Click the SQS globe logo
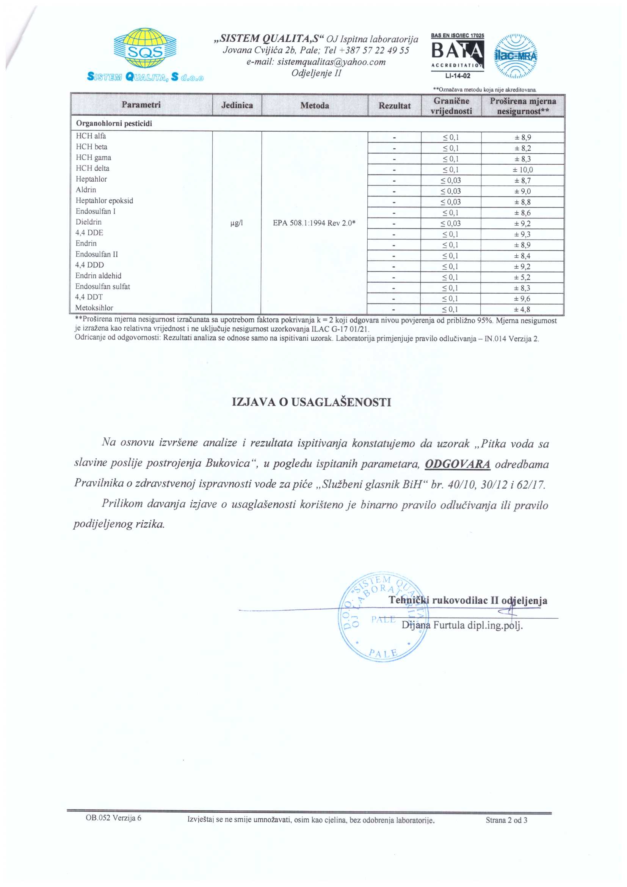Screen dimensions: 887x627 [145, 48]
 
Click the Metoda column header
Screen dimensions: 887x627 [315, 105]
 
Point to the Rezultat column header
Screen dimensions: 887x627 [394, 105]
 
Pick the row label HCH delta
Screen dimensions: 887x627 [92, 168]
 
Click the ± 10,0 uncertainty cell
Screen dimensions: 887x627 [523, 170]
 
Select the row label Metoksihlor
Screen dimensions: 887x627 [94, 308]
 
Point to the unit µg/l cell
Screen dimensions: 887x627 [236, 223]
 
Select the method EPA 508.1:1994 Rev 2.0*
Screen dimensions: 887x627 [314, 223]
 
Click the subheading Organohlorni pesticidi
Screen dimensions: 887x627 [114, 124]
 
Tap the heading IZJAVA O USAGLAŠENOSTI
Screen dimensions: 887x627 [312, 402]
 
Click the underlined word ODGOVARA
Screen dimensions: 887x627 [458, 464]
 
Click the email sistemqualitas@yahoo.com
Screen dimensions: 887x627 [316, 62]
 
